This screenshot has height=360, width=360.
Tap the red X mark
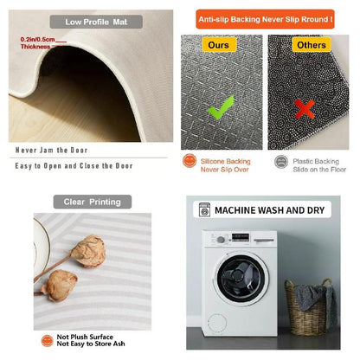305,109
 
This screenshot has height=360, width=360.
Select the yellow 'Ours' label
219,45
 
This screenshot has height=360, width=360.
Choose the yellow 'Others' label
312,45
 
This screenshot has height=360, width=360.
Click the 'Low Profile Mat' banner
96,22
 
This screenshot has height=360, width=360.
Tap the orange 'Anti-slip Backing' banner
265,19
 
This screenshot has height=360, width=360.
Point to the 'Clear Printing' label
93,202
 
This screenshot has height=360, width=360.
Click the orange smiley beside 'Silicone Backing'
190,160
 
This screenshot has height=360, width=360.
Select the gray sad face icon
281,162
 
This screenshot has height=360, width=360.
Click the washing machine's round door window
241,278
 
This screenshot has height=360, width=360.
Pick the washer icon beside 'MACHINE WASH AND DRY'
204,209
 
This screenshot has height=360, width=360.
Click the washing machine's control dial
221,240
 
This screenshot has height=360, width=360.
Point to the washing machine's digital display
241,237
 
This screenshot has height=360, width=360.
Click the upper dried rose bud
88,251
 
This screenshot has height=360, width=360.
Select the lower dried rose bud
60,286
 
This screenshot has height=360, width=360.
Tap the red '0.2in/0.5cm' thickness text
37,39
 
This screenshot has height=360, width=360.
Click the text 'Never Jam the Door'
51,151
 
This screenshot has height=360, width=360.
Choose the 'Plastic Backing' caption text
316,161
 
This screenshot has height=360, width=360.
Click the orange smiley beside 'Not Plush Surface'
47,341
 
